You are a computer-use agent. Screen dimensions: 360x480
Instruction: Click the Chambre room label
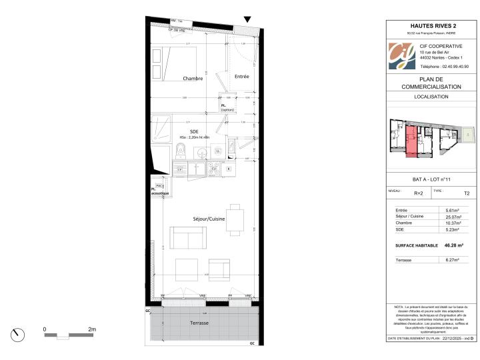tap(193, 78)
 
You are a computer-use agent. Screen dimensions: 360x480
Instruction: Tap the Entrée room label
tap(241, 77)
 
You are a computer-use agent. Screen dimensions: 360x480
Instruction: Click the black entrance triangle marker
tap(247, 21)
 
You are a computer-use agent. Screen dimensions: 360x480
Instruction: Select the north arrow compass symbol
tap(18, 333)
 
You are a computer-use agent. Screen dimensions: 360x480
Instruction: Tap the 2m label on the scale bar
tap(92, 329)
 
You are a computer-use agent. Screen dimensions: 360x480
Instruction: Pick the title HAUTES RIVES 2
tap(431, 25)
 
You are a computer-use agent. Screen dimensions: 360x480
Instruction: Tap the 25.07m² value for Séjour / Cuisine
tap(453, 216)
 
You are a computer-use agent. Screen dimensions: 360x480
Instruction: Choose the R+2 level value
tap(419, 193)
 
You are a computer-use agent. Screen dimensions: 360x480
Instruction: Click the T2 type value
tap(467, 193)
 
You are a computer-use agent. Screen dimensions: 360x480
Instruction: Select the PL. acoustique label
tap(159, 191)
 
